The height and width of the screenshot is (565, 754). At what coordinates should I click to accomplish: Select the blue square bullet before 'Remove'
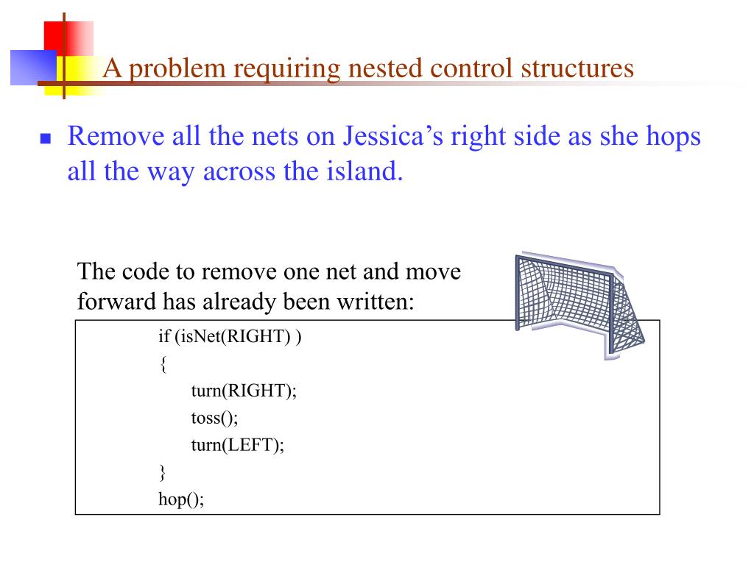[46, 139]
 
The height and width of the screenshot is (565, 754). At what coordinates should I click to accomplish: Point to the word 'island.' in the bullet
[364, 171]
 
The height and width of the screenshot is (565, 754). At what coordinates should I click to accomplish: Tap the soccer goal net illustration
[579, 305]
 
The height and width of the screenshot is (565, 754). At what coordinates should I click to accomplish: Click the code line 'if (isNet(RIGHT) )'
[230, 337]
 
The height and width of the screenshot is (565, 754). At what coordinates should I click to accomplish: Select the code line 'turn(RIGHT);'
[244, 391]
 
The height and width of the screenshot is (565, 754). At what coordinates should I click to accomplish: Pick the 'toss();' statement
[214, 418]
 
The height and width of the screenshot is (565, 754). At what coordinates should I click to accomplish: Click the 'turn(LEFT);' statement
[238, 445]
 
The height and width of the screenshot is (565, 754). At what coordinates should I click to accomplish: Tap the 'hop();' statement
[181, 500]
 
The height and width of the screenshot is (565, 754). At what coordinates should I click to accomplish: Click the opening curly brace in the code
[163, 364]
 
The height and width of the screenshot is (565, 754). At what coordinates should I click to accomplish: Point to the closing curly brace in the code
[163, 473]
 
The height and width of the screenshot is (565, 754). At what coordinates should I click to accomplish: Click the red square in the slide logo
[68, 38]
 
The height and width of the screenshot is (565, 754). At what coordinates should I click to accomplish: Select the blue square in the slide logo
[34, 68]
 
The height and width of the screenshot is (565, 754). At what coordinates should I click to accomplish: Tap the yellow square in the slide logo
[76, 76]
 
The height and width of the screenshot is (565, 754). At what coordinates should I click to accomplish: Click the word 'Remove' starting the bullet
[116, 136]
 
